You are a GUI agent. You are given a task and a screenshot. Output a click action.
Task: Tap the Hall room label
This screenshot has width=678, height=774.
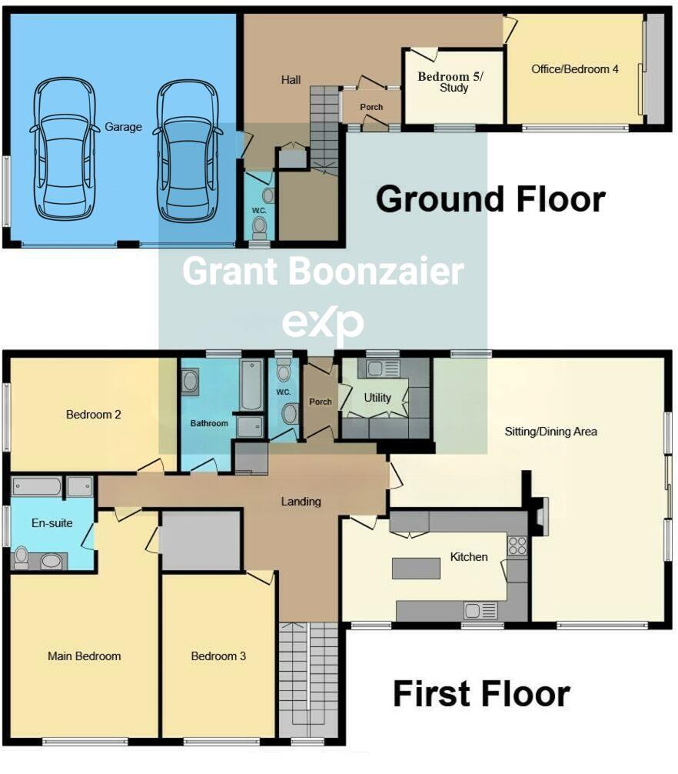(x=291, y=79)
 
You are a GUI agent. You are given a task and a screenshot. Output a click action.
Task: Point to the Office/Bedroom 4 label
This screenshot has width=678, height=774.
(x=575, y=69)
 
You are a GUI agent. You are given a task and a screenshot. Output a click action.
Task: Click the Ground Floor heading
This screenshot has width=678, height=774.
(x=490, y=199)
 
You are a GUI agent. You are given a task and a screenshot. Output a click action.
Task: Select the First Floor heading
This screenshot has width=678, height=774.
(x=481, y=694)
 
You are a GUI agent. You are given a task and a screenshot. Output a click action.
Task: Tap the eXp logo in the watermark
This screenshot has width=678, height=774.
(x=322, y=324)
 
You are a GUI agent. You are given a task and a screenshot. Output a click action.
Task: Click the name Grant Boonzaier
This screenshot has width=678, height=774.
(x=322, y=272)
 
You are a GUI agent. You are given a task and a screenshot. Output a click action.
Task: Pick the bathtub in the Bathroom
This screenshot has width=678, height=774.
(x=251, y=385)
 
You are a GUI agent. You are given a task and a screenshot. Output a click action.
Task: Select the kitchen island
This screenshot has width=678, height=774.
(x=417, y=568)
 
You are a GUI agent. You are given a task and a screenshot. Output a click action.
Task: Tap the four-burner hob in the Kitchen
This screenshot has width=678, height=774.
(x=517, y=545)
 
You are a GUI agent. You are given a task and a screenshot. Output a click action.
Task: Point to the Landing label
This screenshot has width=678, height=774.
(x=301, y=502)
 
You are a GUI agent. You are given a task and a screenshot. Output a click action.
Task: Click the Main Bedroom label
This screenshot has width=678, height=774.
(x=84, y=656)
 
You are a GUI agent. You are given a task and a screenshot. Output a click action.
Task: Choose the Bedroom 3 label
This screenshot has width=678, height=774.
(x=218, y=656)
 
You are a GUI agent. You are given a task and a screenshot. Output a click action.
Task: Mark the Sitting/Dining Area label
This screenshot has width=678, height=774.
(x=550, y=432)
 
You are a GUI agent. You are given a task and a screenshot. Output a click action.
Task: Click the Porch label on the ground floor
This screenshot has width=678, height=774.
(x=371, y=107)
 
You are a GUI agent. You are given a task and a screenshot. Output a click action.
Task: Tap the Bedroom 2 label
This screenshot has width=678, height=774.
(x=93, y=415)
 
